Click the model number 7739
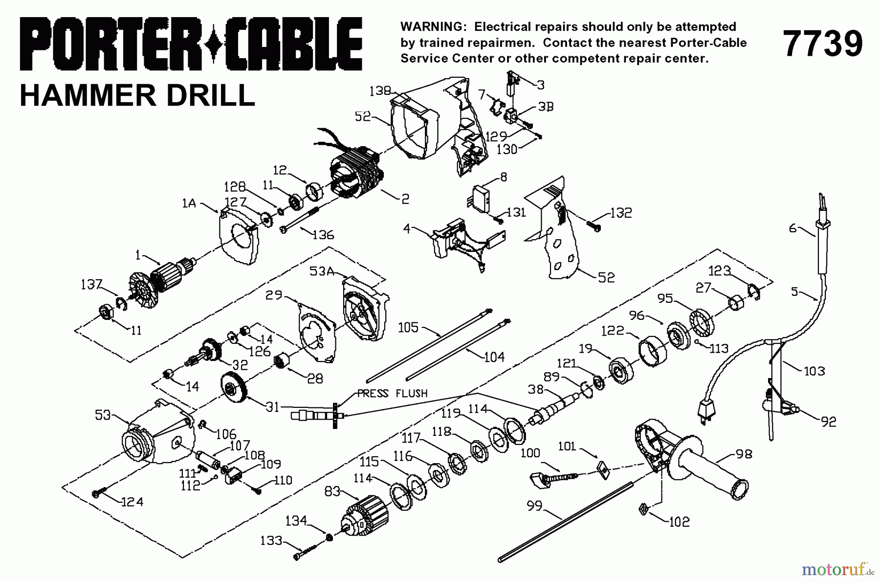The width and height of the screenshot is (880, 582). point(823,44)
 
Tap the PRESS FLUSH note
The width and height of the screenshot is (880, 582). point(392,393)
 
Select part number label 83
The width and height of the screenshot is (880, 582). point(332,491)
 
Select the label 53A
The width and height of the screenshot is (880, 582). point(321,270)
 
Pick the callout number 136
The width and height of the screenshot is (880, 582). point(323,235)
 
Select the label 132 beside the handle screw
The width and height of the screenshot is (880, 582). point(620,213)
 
